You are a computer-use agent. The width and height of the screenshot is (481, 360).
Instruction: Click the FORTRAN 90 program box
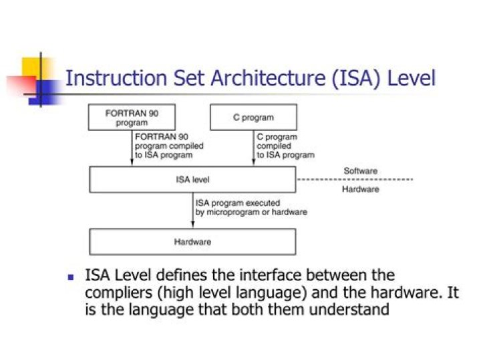coord(132,118)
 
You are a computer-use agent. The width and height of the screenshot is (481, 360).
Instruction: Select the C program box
coord(253,118)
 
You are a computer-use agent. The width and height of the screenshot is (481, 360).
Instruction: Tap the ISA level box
coord(192,180)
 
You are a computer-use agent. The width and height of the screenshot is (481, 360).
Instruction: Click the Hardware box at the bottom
coord(192,242)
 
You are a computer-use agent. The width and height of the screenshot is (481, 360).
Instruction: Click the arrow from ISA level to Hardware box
coord(192,210)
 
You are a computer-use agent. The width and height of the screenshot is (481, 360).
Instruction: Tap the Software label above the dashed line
coord(360,171)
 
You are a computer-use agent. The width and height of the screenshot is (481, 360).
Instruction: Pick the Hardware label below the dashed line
coord(361,190)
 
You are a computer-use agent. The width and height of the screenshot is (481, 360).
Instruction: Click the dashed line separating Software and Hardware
coord(355,180)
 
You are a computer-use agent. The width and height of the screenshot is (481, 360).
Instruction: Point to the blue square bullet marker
coord(71,277)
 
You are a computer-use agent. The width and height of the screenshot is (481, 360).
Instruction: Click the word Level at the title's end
coord(412,78)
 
